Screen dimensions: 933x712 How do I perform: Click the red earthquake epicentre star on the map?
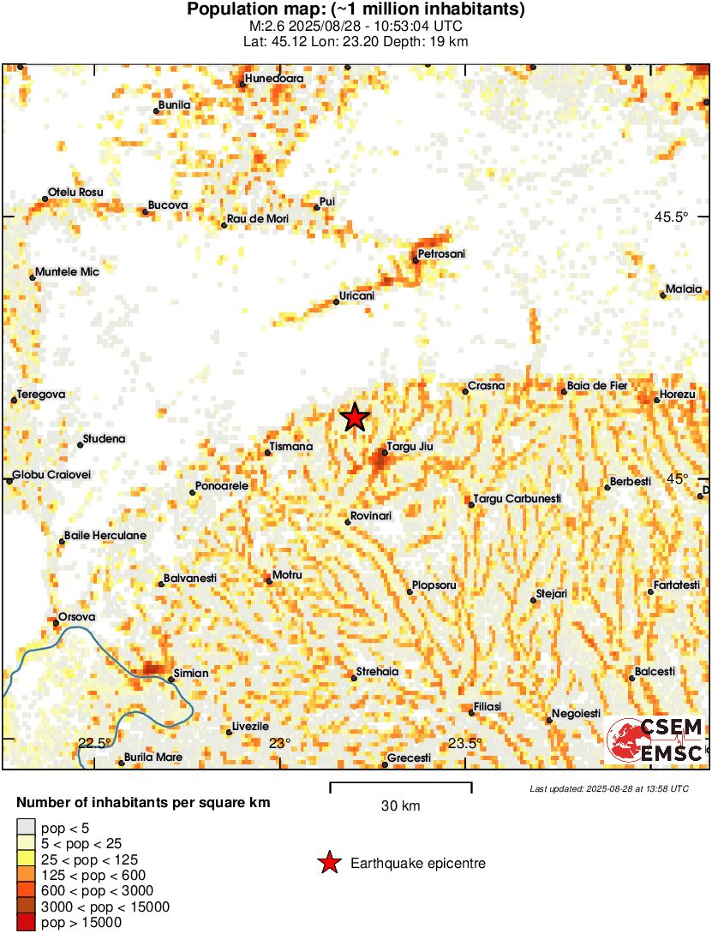click(x=355, y=418)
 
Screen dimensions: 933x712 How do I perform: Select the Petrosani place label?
click(x=443, y=254)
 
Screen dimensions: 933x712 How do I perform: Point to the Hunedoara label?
click(x=274, y=79)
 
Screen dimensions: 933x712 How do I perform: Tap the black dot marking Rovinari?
click(x=348, y=521)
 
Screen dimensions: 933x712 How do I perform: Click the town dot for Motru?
click(x=269, y=581)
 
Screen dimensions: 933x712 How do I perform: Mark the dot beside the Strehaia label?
click(x=354, y=679)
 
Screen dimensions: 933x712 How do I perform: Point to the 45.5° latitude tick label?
click(x=672, y=217)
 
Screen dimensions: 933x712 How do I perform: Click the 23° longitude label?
click(x=280, y=743)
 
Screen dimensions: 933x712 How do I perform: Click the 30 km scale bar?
click(x=401, y=785)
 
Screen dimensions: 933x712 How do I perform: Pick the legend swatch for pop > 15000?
click(x=27, y=923)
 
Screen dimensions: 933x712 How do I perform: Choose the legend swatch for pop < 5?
click(x=27, y=827)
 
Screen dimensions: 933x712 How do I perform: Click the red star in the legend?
click(x=329, y=864)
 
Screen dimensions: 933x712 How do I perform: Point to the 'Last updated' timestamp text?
click(x=608, y=788)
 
